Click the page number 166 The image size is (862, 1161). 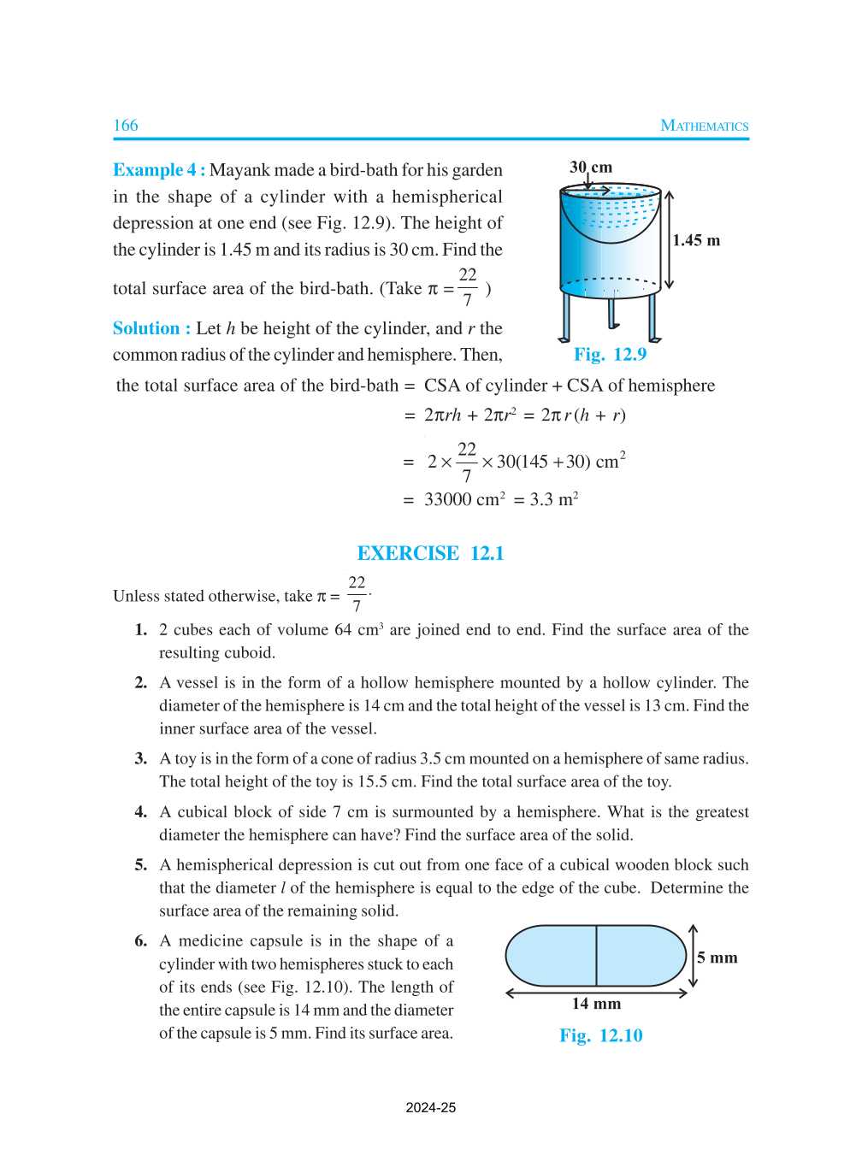point(126,126)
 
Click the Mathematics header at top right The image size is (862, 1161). point(704,126)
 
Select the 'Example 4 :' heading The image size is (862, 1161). point(159,170)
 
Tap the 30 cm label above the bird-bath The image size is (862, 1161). point(591,168)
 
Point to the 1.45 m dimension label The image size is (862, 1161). point(696,240)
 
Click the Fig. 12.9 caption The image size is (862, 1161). point(610,354)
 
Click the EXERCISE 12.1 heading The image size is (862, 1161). point(430,553)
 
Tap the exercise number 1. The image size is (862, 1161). point(141,630)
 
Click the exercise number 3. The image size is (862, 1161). point(141,758)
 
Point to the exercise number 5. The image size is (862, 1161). point(141,865)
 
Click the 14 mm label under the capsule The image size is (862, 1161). point(596,1004)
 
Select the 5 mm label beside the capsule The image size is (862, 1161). point(717,958)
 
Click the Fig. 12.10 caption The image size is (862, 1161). point(600,1035)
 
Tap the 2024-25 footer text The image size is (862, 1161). point(430,1107)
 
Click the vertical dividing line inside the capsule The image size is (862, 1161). point(596,956)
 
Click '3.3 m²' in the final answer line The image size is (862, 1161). point(554,499)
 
